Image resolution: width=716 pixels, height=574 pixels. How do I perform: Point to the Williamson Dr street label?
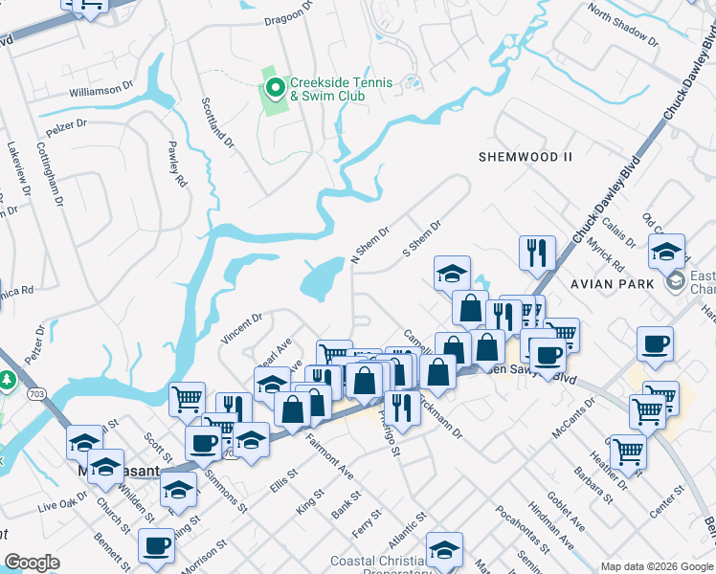[101, 90]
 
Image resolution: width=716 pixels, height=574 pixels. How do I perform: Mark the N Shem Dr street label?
[370, 244]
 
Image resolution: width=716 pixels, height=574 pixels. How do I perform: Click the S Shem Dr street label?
[421, 239]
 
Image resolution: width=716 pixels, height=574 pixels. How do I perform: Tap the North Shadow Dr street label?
[624, 26]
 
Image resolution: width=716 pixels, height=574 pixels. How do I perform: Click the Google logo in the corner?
[32, 562]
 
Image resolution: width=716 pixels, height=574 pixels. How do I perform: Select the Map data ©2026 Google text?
[657, 566]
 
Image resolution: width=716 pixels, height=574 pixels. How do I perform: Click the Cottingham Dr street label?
[50, 174]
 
